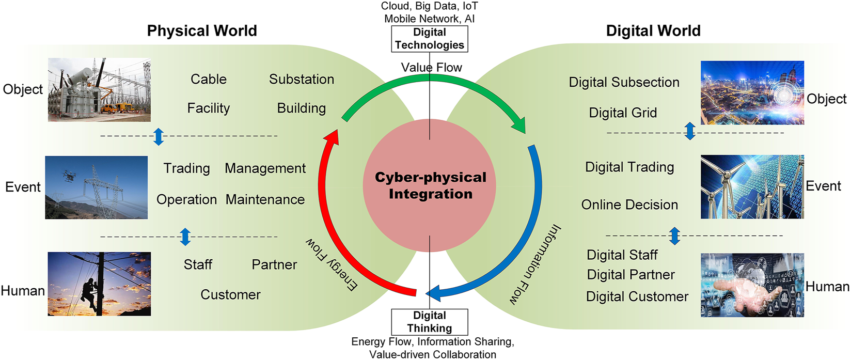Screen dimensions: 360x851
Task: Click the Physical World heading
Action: pos(202,31)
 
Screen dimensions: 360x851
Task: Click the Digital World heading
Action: pos(653,31)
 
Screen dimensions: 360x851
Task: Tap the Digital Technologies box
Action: pos(430,39)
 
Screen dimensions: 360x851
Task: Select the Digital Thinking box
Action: pos(430,322)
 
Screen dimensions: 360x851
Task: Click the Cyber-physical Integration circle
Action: pos(430,186)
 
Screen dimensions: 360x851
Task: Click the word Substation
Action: pos(302,80)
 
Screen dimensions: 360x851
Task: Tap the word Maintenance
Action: pos(265,200)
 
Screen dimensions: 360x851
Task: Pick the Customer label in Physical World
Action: pos(230,295)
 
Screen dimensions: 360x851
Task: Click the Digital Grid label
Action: pos(623,113)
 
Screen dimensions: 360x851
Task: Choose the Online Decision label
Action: pos(629,205)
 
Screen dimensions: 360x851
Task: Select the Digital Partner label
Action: pos(631,275)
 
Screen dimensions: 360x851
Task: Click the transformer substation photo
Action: pos(99,90)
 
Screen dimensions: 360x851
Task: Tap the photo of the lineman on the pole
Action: pos(99,284)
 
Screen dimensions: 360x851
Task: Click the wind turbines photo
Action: pos(752,186)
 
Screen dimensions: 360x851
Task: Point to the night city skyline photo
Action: pos(752,93)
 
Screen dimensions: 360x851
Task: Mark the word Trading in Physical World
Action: pos(187,169)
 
